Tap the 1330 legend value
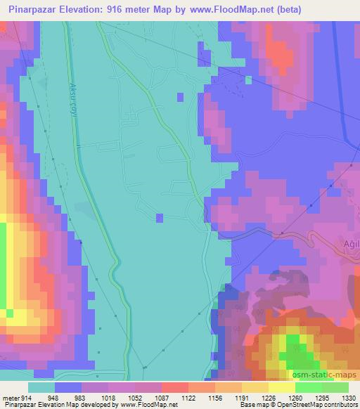347,397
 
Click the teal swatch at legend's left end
41,387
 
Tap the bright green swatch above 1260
307,387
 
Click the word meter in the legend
11,397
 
